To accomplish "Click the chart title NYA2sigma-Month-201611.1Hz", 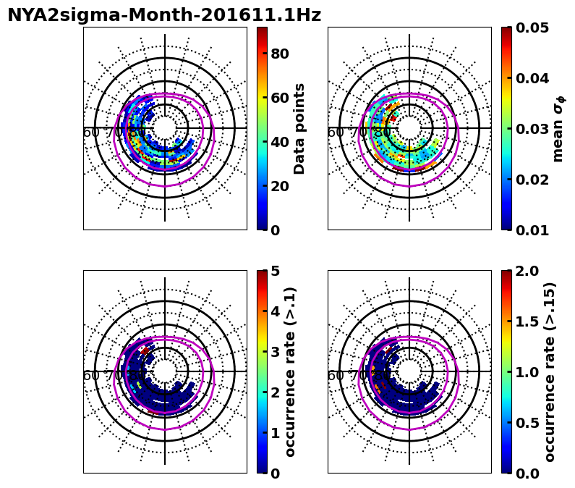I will pyautogui.click(x=164, y=15).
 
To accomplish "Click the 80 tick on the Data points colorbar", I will pyautogui.click(x=280, y=54).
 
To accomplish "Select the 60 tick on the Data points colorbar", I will pyautogui.click(x=280, y=98).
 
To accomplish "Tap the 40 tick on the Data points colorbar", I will pyautogui.click(x=280, y=142).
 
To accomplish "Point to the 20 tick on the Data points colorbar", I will pyautogui.click(x=280, y=186).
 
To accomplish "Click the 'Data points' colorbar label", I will pyautogui.click(x=299, y=128).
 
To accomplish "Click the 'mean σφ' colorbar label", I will pyautogui.click(x=558, y=128).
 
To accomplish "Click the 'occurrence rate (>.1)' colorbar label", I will pyautogui.click(x=291, y=371).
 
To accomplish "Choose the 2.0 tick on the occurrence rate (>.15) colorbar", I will pyautogui.click(x=525, y=271).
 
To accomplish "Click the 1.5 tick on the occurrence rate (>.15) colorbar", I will pyautogui.click(x=525, y=321).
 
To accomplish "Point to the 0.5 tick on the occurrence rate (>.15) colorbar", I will pyautogui.click(x=525, y=423).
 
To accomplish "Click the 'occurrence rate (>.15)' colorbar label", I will pyautogui.click(x=550, y=371).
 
